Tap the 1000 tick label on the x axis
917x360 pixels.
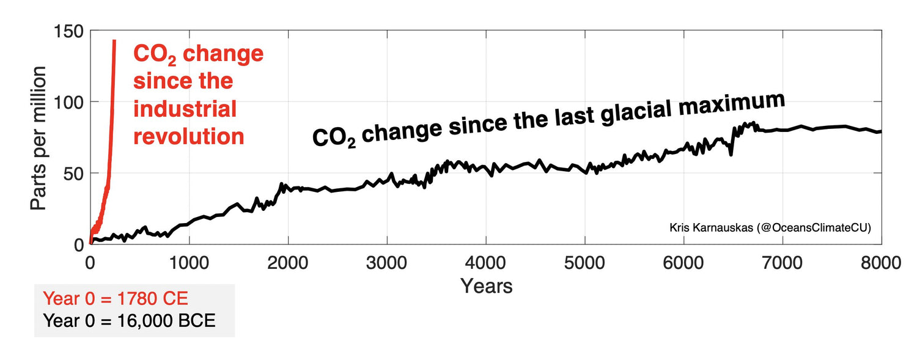pyautogui.click(x=189, y=263)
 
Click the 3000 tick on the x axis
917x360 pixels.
pyautogui.click(x=386, y=263)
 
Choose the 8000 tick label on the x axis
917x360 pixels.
pyautogui.click(x=880, y=263)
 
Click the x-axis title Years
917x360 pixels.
pyautogui.click(x=486, y=285)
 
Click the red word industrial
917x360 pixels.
pyautogui.click(x=185, y=109)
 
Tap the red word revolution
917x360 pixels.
pyautogui.click(x=189, y=136)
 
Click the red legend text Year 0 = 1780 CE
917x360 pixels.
pyautogui.click(x=116, y=299)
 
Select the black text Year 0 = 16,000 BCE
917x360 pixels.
pyautogui.click(x=129, y=320)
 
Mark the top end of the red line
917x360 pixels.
pyautogui.click(x=114, y=41)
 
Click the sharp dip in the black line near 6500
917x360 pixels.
pyautogui.click(x=731, y=154)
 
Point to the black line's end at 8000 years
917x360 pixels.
pyautogui.click(x=880, y=131)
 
